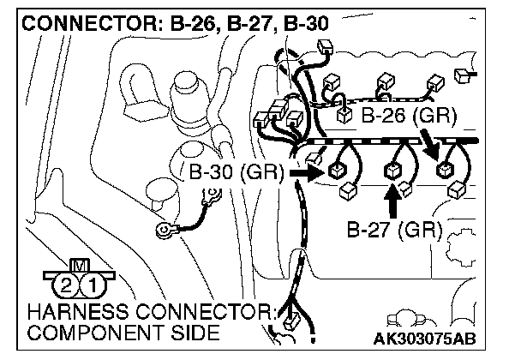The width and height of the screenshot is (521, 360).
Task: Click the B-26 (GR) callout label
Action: (408, 114)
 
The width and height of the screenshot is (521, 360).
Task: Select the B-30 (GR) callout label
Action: (234, 172)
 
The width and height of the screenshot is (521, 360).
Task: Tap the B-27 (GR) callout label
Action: (394, 230)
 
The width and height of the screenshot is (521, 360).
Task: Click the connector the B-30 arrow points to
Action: (335, 171)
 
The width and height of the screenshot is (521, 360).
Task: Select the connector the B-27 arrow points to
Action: (394, 171)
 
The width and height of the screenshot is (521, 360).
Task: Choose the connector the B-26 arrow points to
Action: (444, 169)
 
